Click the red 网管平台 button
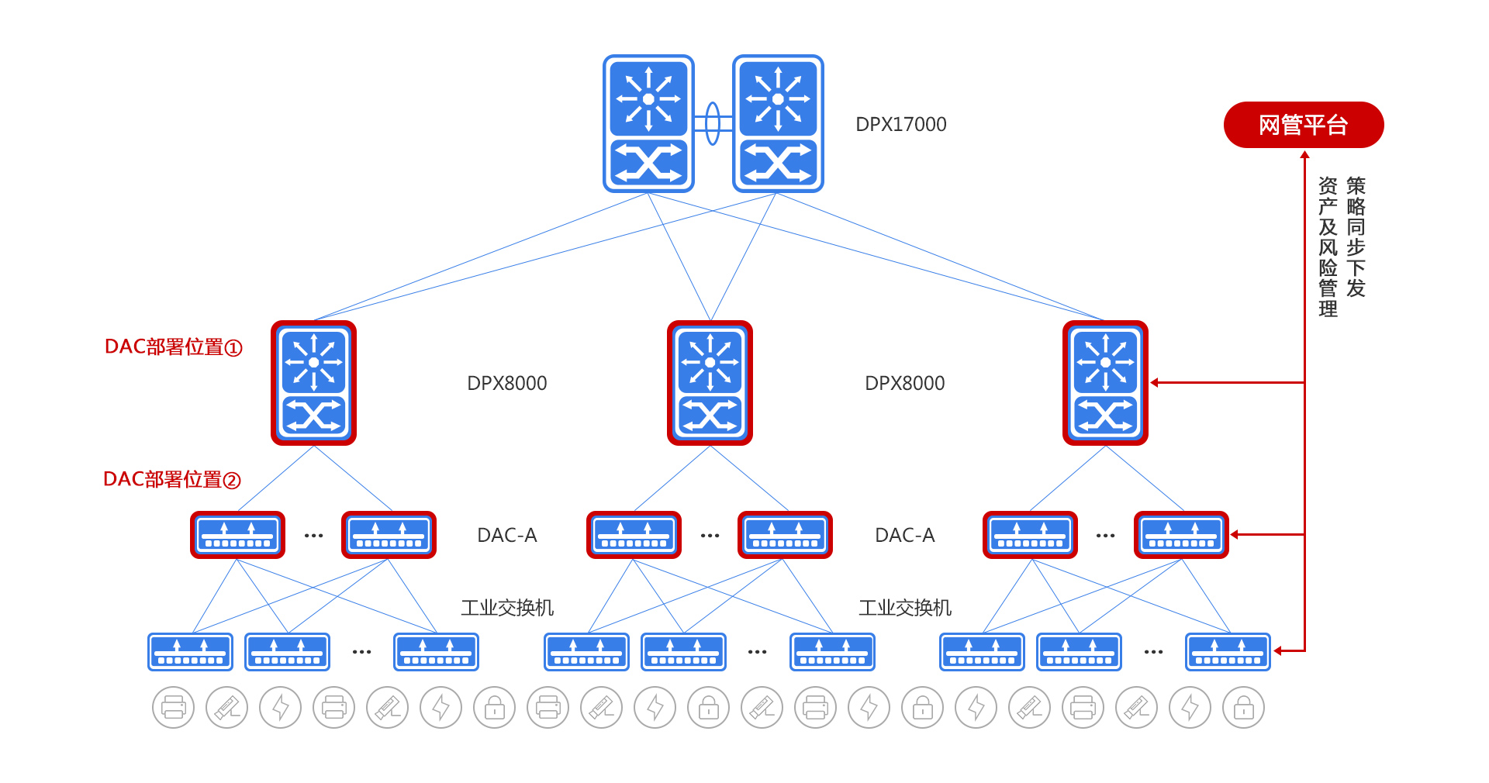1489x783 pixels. click(1303, 125)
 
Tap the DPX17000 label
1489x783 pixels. click(900, 125)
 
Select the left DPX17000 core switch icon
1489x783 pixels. click(648, 123)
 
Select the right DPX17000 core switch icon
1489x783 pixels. click(778, 123)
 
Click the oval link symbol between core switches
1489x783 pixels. click(713, 123)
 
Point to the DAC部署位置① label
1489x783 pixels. click(173, 347)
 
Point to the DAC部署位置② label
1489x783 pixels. click(171, 479)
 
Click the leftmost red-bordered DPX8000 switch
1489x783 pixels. click(313, 383)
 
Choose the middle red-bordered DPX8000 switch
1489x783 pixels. click(710, 383)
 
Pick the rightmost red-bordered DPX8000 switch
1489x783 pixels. click(1105, 383)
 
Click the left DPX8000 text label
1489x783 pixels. click(506, 383)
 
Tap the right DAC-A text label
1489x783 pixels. click(904, 535)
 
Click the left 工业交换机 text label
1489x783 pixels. click(507, 608)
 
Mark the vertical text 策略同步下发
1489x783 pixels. click(1356, 236)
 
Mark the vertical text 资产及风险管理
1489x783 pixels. click(1328, 247)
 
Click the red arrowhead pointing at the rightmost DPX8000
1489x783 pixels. click(1155, 382)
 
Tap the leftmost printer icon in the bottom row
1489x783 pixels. click(174, 707)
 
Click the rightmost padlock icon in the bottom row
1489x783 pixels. click(1243, 707)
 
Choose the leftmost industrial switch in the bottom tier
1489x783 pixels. click(190, 652)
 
